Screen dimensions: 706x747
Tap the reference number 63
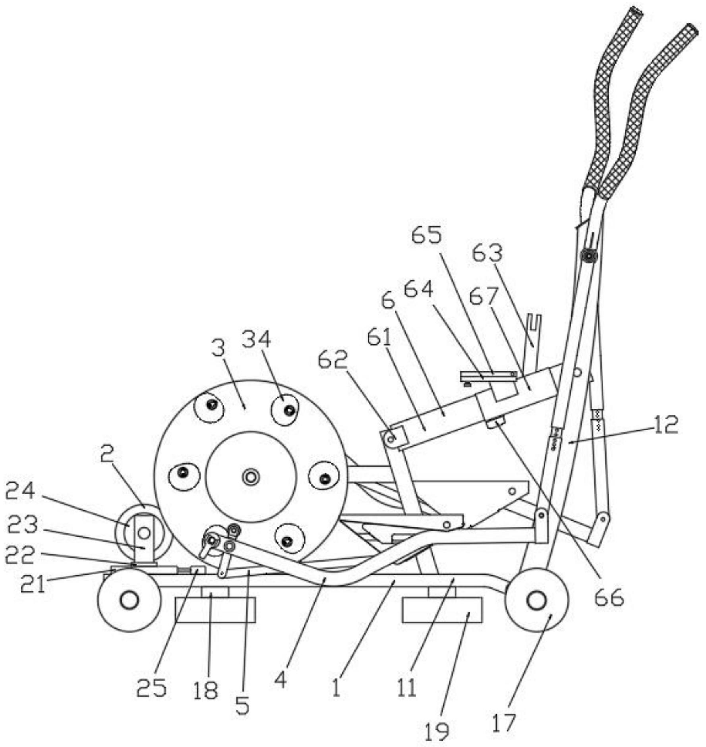click(487, 253)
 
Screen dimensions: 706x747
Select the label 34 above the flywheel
click(256, 340)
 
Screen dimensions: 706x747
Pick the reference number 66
click(609, 597)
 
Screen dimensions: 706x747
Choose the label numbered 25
click(151, 688)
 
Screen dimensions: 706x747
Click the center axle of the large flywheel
click(251, 477)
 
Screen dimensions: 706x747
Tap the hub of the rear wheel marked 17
click(536, 600)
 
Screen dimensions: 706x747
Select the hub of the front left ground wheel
click(129, 600)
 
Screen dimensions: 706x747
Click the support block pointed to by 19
click(442, 610)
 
